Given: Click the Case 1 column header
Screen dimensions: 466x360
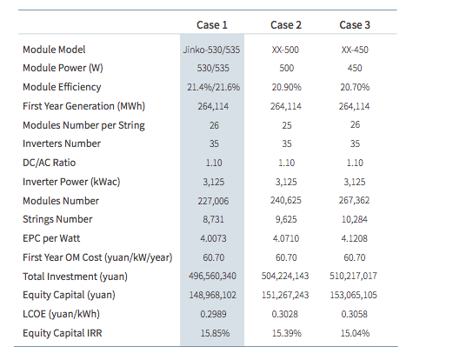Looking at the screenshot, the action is tap(212, 25).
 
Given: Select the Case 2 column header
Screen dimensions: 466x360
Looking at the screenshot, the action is tap(286, 25).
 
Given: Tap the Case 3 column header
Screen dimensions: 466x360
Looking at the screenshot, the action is tap(355, 25).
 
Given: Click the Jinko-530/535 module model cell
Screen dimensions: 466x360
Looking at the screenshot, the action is tap(211, 50).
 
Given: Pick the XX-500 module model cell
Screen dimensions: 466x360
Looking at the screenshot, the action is tap(285, 50).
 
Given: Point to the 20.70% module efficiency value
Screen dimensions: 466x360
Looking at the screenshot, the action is tap(355, 87).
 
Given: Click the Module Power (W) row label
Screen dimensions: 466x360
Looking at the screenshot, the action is tap(63, 68).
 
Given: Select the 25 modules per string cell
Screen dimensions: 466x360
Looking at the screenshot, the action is tap(287, 125).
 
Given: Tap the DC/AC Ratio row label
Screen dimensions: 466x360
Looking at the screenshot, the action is tap(49, 163).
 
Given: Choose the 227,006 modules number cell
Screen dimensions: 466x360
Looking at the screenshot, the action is tap(213, 201).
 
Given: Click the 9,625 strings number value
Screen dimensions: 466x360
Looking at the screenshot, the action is tap(286, 219).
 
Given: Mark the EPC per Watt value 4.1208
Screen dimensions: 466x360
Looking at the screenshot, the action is tap(354, 238).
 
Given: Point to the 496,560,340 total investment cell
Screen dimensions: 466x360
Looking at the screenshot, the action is tap(212, 276).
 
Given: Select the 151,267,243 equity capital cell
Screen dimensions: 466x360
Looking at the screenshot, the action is tap(285, 295).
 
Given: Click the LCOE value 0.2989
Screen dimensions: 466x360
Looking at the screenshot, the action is tap(213, 314).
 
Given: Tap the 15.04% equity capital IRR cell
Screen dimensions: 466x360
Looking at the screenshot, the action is tap(355, 333).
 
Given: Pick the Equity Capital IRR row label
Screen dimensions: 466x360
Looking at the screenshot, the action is tap(63, 333).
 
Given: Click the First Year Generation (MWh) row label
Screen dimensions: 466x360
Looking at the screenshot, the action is tap(83, 106).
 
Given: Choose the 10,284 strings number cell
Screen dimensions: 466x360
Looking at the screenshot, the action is tap(355, 219).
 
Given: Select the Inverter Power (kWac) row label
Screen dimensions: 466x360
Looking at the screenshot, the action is tap(71, 182).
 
